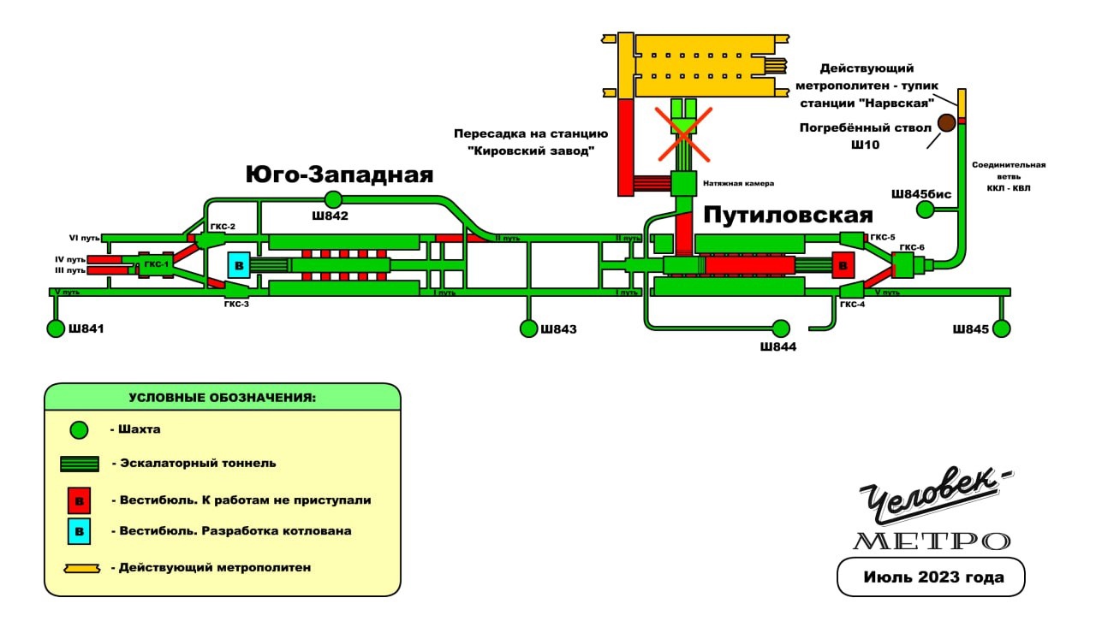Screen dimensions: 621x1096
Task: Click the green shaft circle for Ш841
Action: tap(56, 328)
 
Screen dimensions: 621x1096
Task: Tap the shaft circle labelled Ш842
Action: tap(332, 199)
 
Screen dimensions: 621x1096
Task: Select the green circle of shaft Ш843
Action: tap(527, 328)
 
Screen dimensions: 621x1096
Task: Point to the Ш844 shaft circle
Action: tap(780, 328)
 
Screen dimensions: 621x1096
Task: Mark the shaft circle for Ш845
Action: tap(1002, 328)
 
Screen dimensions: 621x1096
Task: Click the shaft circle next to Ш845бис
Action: tap(925, 210)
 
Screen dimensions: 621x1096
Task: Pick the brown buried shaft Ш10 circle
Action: tap(946, 122)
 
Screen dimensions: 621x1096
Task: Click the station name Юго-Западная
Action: tap(339, 175)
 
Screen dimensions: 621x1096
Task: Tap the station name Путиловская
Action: tap(788, 216)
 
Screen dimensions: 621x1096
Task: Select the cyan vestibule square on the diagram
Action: tap(239, 265)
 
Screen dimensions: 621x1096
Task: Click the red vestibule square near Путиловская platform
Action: tap(843, 265)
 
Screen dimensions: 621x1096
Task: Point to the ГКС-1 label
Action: tap(156, 265)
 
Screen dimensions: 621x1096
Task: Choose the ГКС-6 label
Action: tap(912, 248)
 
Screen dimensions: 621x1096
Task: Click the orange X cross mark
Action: tap(683, 133)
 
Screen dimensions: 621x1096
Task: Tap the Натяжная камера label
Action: tap(738, 183)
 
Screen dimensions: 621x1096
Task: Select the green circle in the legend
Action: tap(80, 429)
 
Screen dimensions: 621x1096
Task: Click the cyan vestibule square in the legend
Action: tap(80, 531)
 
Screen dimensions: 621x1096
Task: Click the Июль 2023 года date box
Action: tap(931, 577)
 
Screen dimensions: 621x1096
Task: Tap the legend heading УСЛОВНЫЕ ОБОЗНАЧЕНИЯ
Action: tap(223, 398)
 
